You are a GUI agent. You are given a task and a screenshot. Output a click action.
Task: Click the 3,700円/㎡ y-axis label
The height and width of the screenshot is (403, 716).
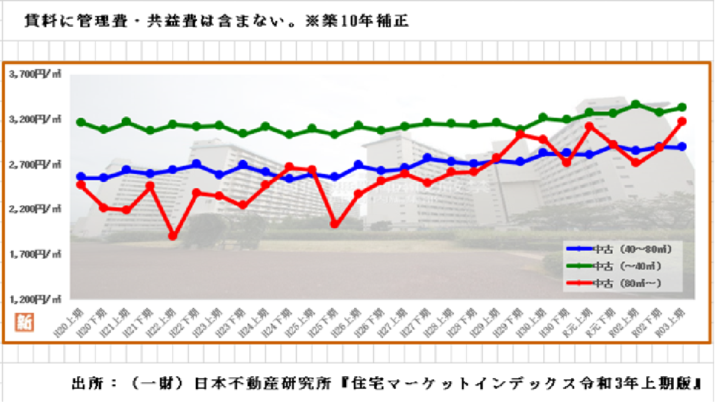click(35, 73)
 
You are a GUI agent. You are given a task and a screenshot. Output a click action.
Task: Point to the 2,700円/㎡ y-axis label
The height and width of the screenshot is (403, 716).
click(35, 164)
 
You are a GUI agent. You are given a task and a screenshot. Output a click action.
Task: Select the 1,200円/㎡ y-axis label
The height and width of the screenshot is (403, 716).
click(35, 299)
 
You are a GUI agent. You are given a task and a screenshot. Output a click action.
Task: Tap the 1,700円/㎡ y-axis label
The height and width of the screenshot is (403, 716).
click(35, 254)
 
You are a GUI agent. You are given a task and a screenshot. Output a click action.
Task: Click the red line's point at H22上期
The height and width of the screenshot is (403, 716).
click(173, 236)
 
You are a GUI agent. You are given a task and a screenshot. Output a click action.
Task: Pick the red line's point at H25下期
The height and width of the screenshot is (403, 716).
click(334, 224)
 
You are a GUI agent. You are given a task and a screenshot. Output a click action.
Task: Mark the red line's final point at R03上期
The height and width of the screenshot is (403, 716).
click(681, 121)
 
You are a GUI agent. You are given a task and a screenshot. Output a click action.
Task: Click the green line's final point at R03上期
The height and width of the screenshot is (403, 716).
click(681, 107)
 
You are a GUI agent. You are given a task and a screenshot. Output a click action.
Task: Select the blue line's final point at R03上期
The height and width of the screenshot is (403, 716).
click(681, 147)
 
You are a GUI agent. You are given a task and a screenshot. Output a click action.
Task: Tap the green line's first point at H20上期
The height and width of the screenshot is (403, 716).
click(81, 122)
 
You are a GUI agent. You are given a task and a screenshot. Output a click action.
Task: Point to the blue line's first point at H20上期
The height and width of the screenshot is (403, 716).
click(81, 177)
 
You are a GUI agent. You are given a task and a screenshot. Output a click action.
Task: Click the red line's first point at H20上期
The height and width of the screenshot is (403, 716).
click(81, 185)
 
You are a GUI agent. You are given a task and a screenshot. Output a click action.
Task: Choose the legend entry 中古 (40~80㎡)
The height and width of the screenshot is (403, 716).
click(622, 249)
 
